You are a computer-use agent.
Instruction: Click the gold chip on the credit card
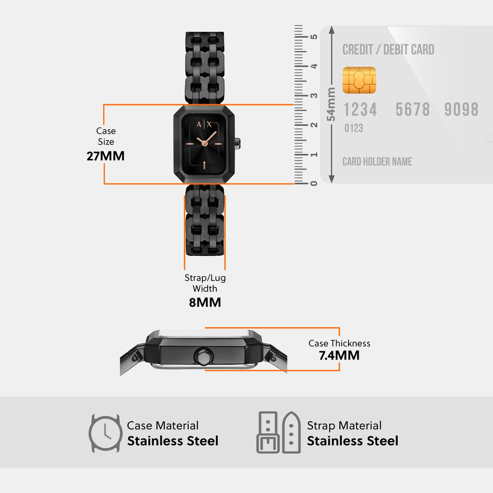[x=359, y=80]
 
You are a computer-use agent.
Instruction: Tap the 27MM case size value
[x=105, y=156]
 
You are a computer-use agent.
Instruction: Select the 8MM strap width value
[x=205, y=302]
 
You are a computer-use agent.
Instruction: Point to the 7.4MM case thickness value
[x=339, y=355]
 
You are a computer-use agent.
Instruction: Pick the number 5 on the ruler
[x=313, y=37]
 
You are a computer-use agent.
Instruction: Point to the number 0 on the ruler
[x=313, y=183]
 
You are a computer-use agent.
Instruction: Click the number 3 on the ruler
[x=313, y=95]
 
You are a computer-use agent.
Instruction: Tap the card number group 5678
[x=413, y=110]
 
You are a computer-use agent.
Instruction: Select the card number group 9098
[x=461, y=110]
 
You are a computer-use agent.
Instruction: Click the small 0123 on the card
[x=353, y=129]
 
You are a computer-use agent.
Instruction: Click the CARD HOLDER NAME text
[x=377, y=162]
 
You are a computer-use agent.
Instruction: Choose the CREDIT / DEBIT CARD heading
[x=388, y=50]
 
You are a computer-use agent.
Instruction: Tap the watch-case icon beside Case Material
[x=105, y=433]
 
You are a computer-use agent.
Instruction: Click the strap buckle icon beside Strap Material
[x=279, y=432]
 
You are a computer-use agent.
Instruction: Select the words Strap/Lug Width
[x=205, y=283]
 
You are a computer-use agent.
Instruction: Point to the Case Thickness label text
[x=339, y=343]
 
